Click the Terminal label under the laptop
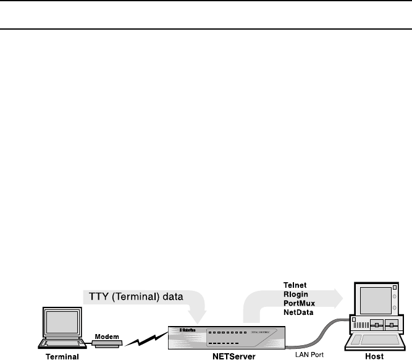(59, 356)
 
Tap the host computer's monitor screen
(370, 302)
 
